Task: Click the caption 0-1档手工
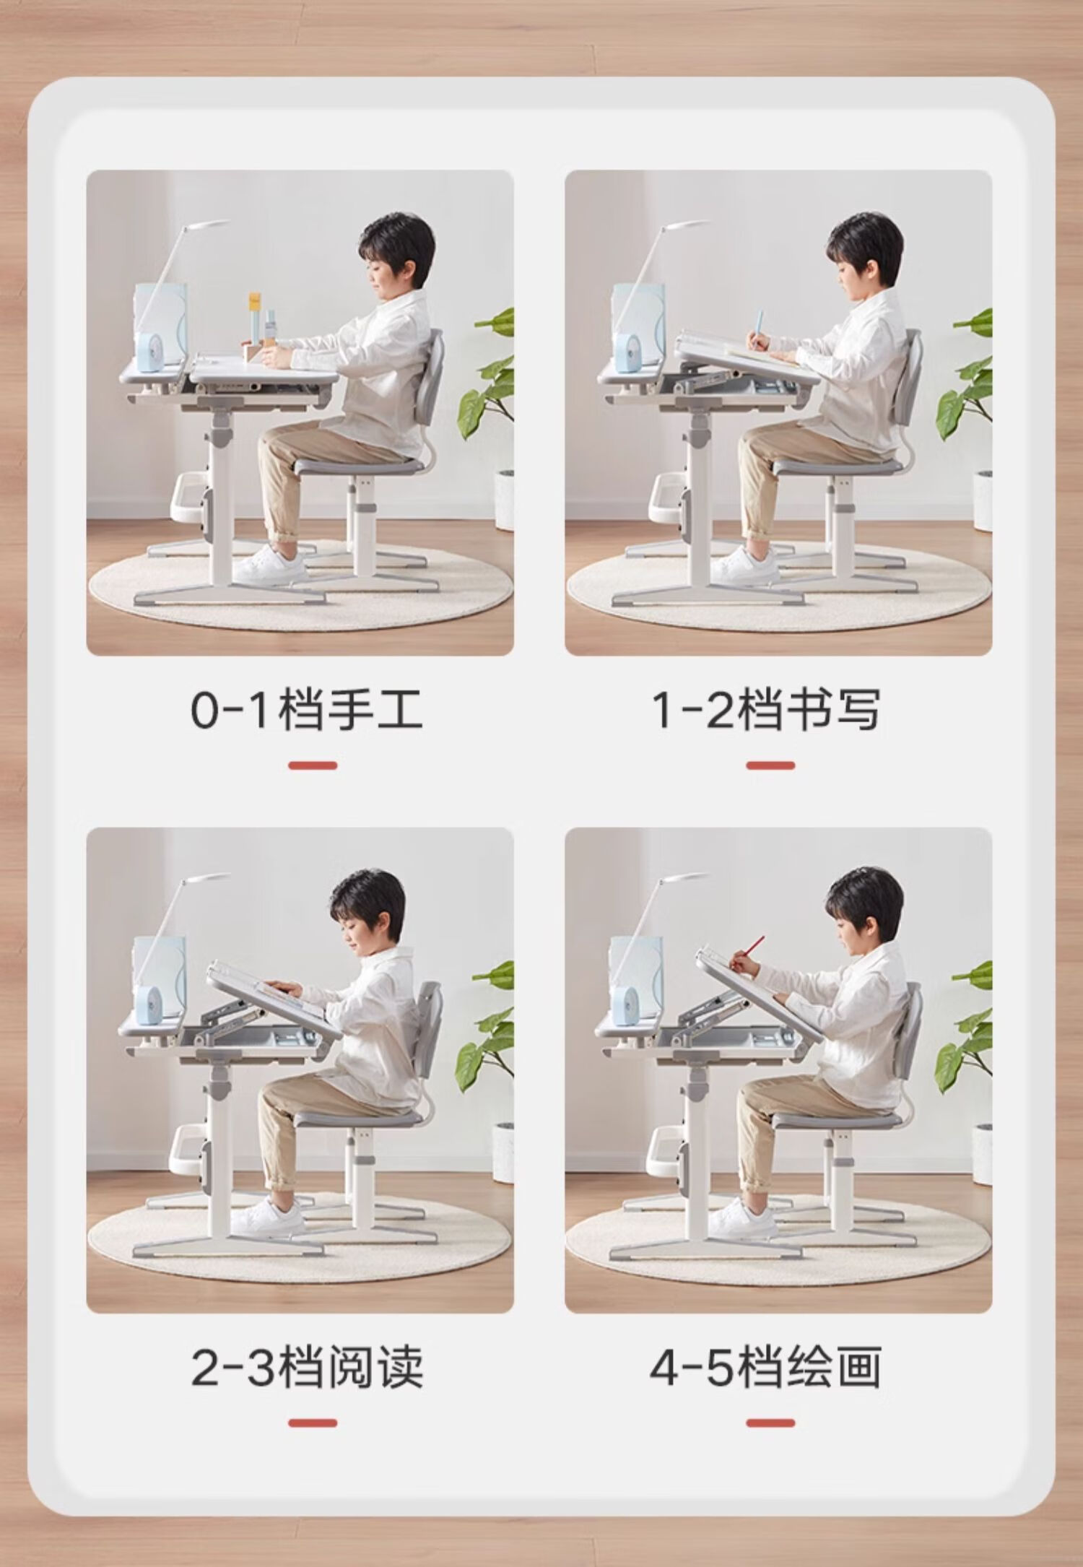click(306, 710)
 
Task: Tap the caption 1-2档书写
click(766, 710)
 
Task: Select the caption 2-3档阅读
click(307, 1367)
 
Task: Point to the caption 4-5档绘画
click(765, 1367)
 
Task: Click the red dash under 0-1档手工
click(313, 765)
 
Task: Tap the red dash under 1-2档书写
click(770, 765)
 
